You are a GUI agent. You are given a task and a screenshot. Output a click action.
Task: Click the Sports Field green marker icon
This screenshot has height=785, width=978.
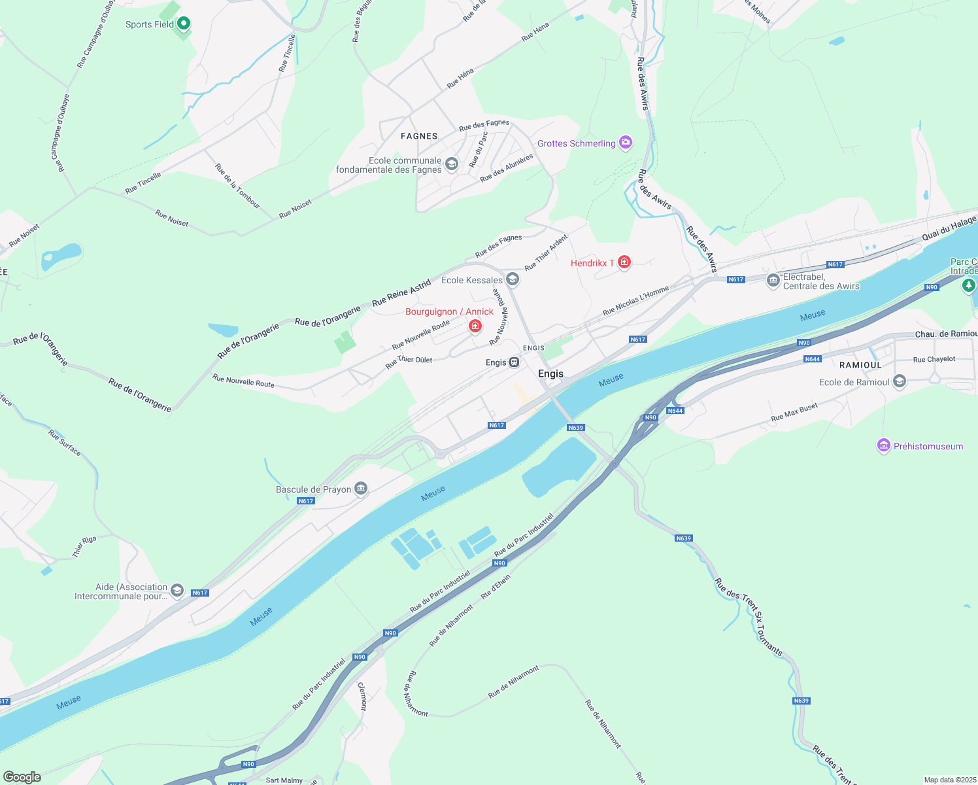pyautogui.click(x=184, y=24)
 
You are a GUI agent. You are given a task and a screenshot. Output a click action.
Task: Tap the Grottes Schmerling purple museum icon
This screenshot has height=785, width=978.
pyautogui.click(x=626, y=143)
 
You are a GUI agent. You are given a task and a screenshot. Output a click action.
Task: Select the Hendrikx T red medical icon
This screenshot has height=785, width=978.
pyautogui.click(x=624, y=262)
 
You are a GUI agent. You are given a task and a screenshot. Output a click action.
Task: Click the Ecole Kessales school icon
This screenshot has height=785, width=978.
pyautogui.click(x=513, y=280)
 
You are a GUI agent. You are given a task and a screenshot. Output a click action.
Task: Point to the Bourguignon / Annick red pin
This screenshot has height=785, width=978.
pyautogui.click(x=475, y=325)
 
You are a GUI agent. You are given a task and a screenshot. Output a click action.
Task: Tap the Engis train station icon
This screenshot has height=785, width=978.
pyautogui.click(x=514, y=362)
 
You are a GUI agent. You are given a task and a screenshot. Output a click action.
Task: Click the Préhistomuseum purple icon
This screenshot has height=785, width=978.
pyautogui.click(x=884, y=446)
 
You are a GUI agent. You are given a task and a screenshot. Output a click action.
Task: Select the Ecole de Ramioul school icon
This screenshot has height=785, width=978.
pyautogui.click(x=900, y=382)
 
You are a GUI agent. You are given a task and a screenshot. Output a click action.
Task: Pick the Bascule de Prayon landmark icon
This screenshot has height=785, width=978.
pyautogui.click(x=361, y=489)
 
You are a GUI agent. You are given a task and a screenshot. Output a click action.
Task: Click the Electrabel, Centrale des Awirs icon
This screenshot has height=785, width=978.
pyautogui.click(x=773, y=281)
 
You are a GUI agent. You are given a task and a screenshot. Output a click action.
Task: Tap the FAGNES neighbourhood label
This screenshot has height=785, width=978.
pyautogui.click(x=419, y=136)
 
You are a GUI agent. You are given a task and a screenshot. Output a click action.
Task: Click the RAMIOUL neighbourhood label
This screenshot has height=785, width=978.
pyautogui.click(x=860, y=365)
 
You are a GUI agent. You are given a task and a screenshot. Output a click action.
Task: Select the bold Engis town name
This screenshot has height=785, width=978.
pyautogui.click(x=550, y=374)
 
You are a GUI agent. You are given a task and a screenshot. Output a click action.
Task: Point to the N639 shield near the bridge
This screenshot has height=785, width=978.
pyautogui.click(x=575, y=428)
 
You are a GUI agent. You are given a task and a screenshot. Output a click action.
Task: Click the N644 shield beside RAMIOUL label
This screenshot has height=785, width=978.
pyautogui.click(x=813, y=359)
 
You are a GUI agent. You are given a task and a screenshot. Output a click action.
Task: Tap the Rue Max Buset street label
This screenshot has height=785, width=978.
pyautogui.click(x=794, y=412)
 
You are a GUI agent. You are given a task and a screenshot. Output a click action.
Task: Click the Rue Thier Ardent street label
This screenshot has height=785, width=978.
pyautogui.click(x=547, y=253)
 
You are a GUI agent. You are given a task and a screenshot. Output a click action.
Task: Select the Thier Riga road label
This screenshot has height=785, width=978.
pyautogui.click(x=84, y=546)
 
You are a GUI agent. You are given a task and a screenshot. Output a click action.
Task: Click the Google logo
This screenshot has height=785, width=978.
pyautogui.click(x=22, y=777)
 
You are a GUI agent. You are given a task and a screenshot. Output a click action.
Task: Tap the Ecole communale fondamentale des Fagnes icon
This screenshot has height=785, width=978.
pyautogui.click(x=452, y=164)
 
